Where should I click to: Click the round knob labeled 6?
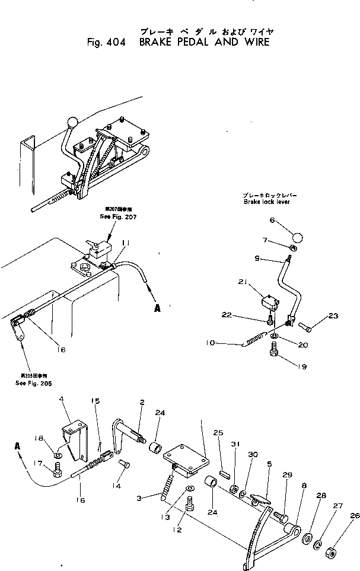pos(297,236)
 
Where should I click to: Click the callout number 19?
pos(304,367)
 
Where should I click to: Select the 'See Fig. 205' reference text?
pos(34,382)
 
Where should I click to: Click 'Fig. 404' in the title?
pos(103,42)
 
